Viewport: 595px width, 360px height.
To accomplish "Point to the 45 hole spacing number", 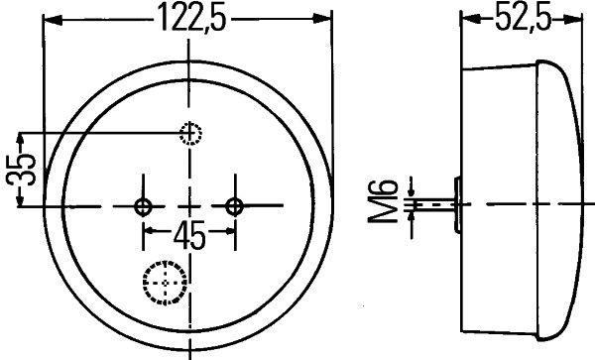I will [x=189, y=236].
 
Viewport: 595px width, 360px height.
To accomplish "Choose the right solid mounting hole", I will [x=235, y=206].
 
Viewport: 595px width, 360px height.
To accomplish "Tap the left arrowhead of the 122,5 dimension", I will [x=53, y=18].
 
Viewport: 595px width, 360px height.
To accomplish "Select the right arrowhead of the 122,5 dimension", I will [x=324, y=18].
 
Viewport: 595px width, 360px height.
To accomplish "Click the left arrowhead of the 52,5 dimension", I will [x=469, y=18].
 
